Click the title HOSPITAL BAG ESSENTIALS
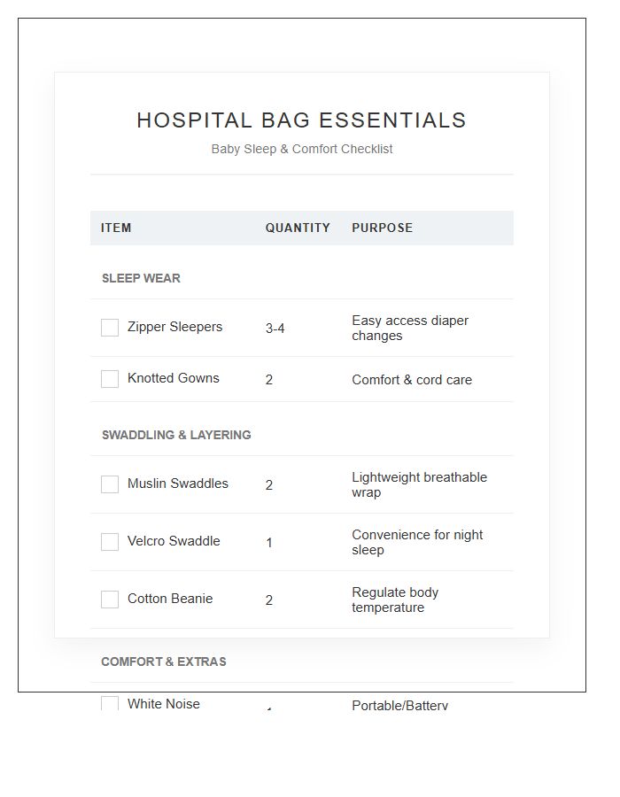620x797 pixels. point(301,120)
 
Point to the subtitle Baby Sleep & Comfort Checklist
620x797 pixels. point(301,149)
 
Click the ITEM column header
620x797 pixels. point(116,228)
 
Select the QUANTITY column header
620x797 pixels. point(298,228)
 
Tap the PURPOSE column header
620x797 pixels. point(382,228)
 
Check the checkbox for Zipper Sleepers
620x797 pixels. point(110,328)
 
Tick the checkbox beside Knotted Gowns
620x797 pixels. point(110,379)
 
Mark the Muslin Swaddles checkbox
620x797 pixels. point(110,484)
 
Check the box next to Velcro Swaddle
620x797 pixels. point(110,542)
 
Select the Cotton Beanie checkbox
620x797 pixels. point(110,600)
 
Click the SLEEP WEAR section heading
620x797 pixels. point(141,278)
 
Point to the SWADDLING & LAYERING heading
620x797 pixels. point(176,435)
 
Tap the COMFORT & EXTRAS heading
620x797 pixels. point(164,662)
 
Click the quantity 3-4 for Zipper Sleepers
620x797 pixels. point(275,329)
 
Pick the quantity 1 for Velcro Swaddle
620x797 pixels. point(269,543)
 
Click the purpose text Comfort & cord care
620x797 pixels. point(412,380)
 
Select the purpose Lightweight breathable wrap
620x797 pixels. point(419,484)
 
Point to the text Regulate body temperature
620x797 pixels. point(395,600)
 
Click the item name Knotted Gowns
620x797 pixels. point(173,378)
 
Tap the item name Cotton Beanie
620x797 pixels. point(170,599)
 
